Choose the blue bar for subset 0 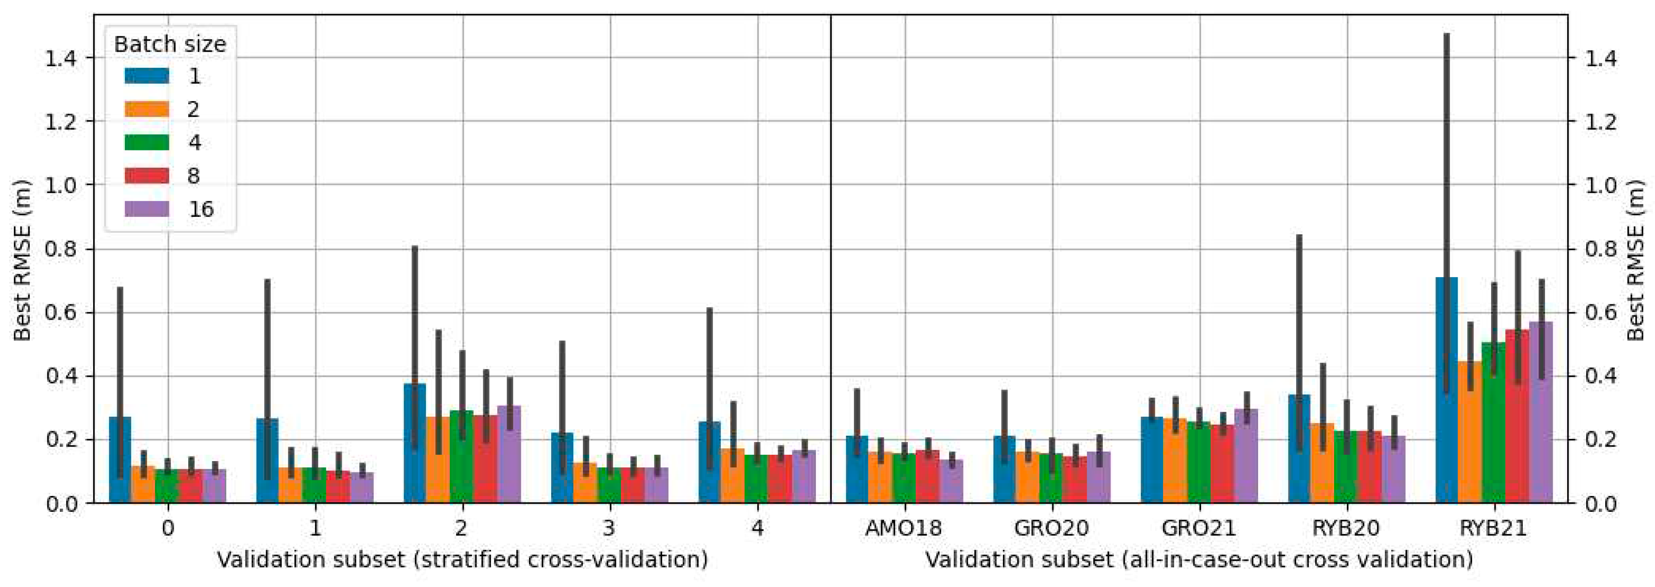click(x=120, y=460)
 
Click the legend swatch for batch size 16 click(x=147, y=209)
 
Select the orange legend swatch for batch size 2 click(x=147, y=109)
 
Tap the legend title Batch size click(x=170, y=44)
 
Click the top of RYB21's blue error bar click(x=1446, y=34)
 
